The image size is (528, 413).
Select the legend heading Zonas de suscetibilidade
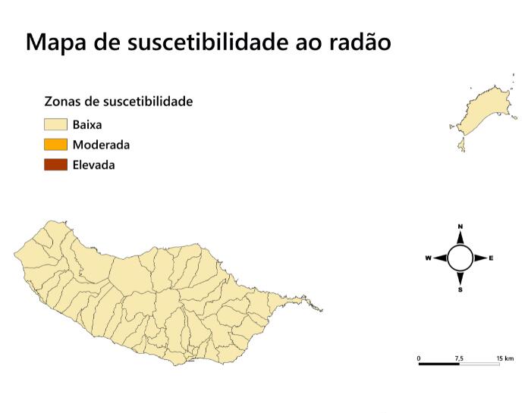tap(118, 102)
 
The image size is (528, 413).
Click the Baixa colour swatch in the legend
tap(55, 124)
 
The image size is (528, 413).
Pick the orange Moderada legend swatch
tap(55, 145)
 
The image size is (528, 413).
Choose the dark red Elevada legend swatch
tap(55, 164)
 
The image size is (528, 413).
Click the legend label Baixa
tap(87, 124)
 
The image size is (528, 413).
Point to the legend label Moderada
tap(101, 145)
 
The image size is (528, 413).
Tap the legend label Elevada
tap(93, 164)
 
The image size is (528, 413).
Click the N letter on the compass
tap(460, 227)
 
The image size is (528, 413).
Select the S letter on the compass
tap(460, 289)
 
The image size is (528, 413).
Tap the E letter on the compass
tap(492, 258)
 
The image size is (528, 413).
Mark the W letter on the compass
tap(428, 258)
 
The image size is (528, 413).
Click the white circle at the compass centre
tap(460, 258)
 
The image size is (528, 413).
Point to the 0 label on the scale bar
tap(419, 358)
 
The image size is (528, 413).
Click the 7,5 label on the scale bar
tap(459, 358)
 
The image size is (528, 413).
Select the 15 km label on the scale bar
tap(504, 358)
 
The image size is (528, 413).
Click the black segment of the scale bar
tap(438, 365)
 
